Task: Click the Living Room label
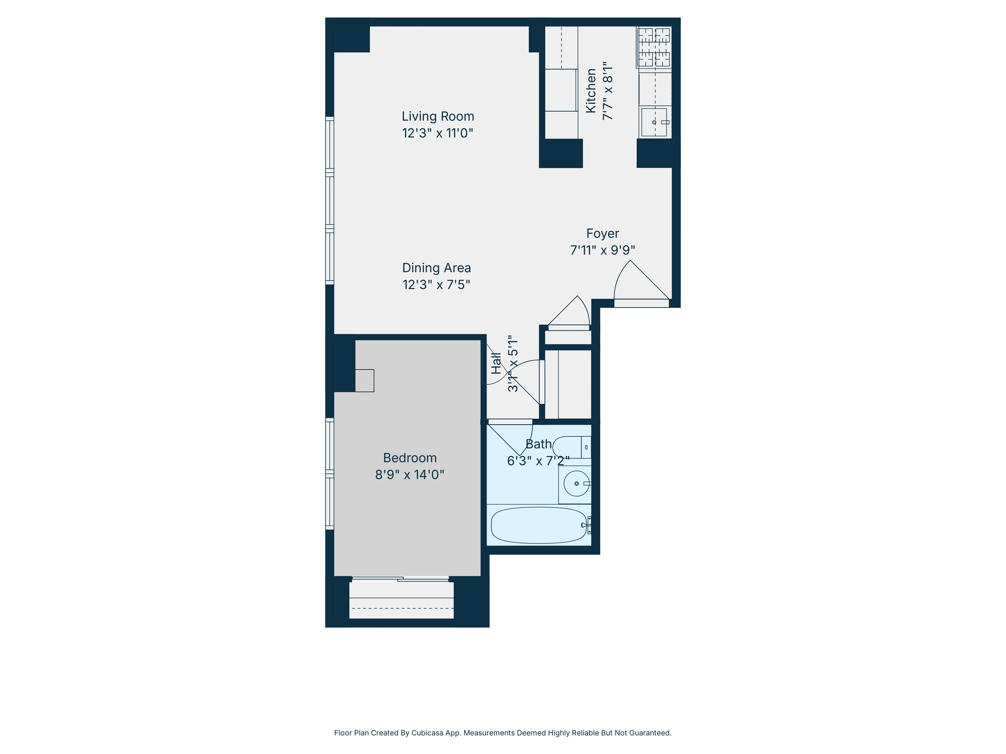(438, 116)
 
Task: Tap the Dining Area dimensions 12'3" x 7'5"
(436, 285)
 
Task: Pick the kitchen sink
(654, 122)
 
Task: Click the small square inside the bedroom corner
(364, 381)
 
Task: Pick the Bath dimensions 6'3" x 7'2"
(538, 461)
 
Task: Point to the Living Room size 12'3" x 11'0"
(438, 133)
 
